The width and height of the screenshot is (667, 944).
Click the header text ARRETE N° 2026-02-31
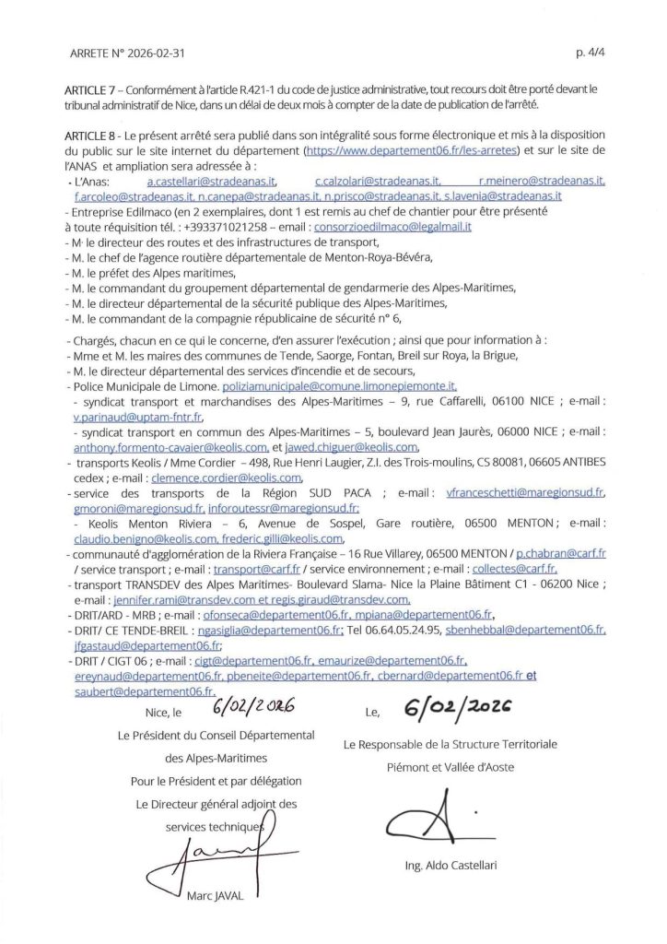tap(121, 53)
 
